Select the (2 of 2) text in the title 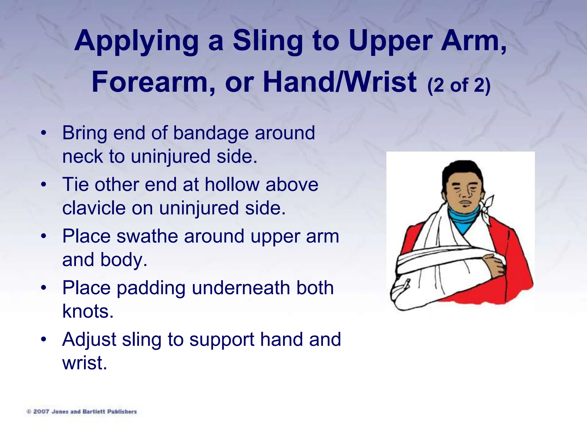pyautogui.click(x=459, y=85)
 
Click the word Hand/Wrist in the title pyautogui.click(x=340, y=82)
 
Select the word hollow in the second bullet pyautogui.click(x=232, y=184)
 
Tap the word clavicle pyautogui.click(x=93, y=208)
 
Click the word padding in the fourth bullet pyautogui.click(x=151, y=288)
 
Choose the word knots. pyautogui.click(x=88, y=311)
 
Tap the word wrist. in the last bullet pyautogui.click(x=85, y=363)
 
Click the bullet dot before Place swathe pyautogui.click(x=44, y=237)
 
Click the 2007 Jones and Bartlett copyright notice pyautogui.click(x=82, y=412)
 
